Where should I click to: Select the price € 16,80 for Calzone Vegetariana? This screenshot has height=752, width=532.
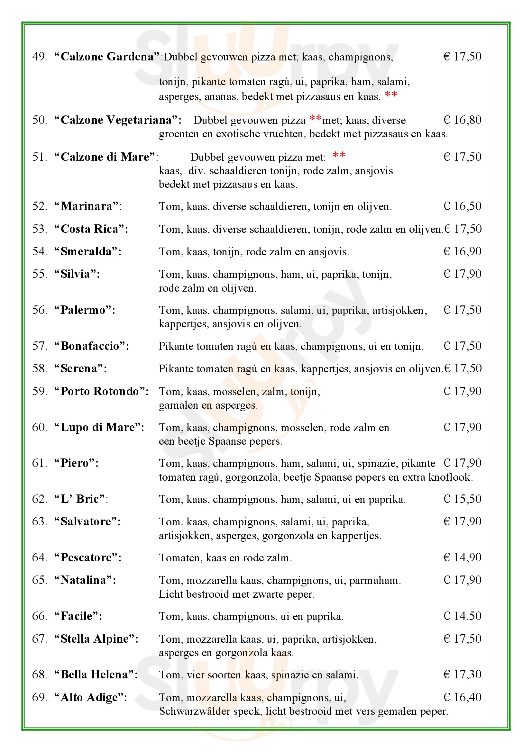click(462, 120)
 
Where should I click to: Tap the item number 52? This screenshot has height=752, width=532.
click(39, 206)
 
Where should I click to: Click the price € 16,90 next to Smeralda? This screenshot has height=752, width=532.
click(462, 251)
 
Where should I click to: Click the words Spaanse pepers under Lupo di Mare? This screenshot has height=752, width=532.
click(245, 441)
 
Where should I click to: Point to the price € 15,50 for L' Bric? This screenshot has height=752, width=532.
click(462, 499)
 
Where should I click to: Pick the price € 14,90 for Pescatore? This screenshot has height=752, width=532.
click(462, 557)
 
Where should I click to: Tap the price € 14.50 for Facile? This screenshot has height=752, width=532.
click(462, 616)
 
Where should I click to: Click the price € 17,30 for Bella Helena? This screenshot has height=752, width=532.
click(462, 675)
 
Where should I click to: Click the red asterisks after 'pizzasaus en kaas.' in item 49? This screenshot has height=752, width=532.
click(391, 95)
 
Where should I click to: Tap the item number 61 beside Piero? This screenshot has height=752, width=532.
click(39, 463)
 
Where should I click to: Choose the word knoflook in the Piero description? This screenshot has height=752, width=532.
click(450, 477)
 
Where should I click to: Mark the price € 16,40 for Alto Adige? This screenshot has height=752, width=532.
click(462, 697)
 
